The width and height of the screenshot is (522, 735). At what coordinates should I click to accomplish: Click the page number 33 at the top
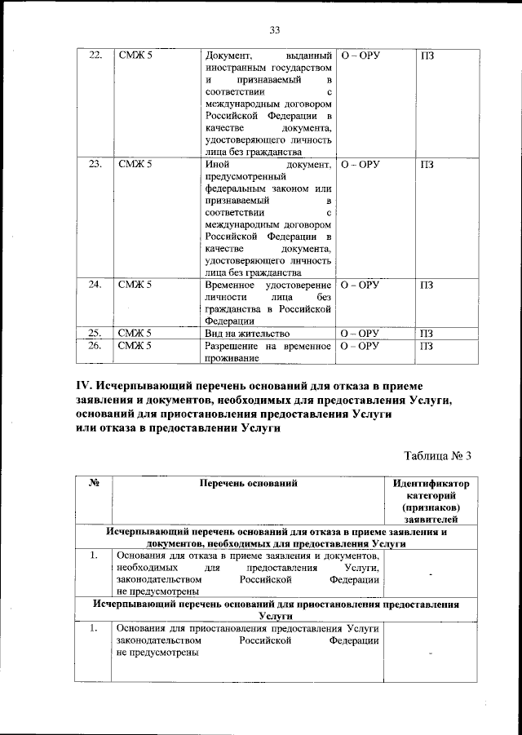(x=274, y=30)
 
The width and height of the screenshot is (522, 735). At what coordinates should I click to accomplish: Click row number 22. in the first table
(x=95, y=55)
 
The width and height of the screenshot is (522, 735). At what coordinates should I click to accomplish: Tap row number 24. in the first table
(x=95, y=285)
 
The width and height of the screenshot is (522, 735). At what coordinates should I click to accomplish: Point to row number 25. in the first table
(x=95, y=333)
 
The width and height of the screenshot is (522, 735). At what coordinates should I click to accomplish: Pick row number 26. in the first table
(x=95, y=345)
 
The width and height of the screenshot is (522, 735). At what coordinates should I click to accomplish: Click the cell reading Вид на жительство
(x=247, y=333)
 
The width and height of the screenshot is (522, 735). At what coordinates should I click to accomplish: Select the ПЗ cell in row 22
(x=427, y=55)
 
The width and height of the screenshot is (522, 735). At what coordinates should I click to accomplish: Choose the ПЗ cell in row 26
(x=427, y=345)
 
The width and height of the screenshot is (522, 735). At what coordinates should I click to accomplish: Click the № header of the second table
(x=94, y=483)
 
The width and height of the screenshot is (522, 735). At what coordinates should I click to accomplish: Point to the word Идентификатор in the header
(x=431, y=483)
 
